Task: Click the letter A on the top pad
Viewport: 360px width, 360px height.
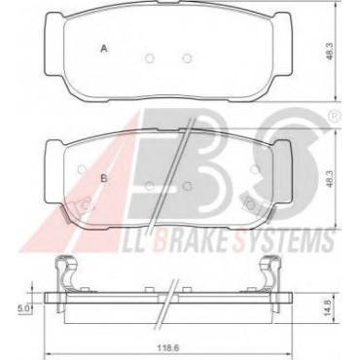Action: [x=104, y=49]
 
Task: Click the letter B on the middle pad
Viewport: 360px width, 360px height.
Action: [x=104, y=178]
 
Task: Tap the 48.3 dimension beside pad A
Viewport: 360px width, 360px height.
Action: [x=330, y=52]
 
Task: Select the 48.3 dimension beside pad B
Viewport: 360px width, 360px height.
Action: [x=330, y=179]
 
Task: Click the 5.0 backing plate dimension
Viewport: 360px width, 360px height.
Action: [x=25, y=308]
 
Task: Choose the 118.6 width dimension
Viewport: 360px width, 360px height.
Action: [x=170, y=348]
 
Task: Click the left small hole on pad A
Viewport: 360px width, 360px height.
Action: [x=149, y=58]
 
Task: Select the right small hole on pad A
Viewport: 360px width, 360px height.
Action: [x=187, y=58]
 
